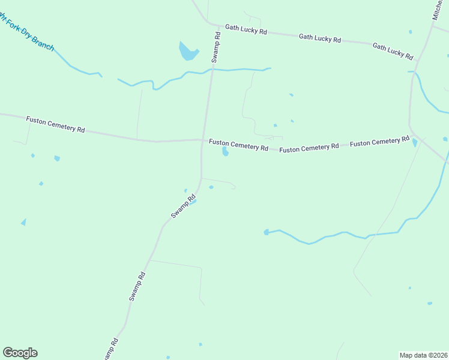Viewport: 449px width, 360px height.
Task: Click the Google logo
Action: point(20,353)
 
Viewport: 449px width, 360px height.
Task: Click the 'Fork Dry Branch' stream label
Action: point(27,34)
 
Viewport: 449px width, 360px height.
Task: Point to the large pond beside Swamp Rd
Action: point(188,52)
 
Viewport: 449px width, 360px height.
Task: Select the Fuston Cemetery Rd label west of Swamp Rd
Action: point(55,125)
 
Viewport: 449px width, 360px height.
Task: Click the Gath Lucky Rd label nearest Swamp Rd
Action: point(246,29)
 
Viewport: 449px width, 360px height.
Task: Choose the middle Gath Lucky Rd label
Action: point(320,38)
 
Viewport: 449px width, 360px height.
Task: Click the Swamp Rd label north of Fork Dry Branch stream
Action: point(217,47)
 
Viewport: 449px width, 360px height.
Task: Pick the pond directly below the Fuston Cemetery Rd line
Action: point(225,152)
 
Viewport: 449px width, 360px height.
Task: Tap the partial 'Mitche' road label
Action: point(439,10)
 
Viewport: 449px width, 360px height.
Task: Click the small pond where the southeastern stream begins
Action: point(266,232)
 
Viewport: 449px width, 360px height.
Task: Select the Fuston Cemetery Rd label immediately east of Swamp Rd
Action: point(238,145)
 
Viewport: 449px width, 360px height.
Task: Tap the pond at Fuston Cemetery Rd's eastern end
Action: point(415,143)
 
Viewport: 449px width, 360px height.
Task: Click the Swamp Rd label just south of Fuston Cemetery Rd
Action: point(182,206)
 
